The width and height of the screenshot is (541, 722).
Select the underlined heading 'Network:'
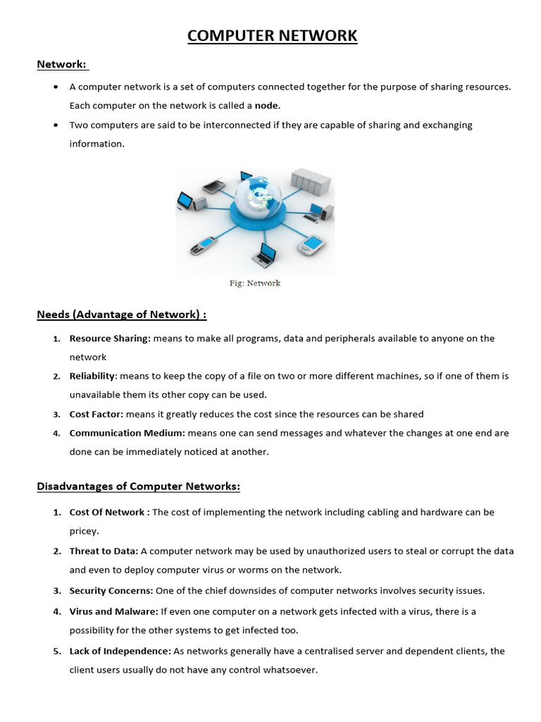click(62, 65)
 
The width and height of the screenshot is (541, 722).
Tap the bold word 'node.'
click(267, 106)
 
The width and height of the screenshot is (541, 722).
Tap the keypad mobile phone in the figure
click(202, 246)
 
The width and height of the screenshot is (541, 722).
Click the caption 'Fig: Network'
click(255, 283)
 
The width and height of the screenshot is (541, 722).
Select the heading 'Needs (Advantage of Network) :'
click(122, 314)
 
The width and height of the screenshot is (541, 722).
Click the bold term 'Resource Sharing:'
click(110, 338)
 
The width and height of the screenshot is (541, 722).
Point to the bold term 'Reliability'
click(92, 377)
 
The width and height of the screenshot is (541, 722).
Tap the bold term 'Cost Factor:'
click(96, 415)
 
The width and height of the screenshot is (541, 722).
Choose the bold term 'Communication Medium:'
click(127, 433)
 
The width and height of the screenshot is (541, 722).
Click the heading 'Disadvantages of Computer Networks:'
click(139, 487)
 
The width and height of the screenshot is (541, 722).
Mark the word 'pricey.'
click(84, 531)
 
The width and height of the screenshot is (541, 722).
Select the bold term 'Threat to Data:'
click(104, 551)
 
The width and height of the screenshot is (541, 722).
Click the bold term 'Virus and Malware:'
click(113, 611)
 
